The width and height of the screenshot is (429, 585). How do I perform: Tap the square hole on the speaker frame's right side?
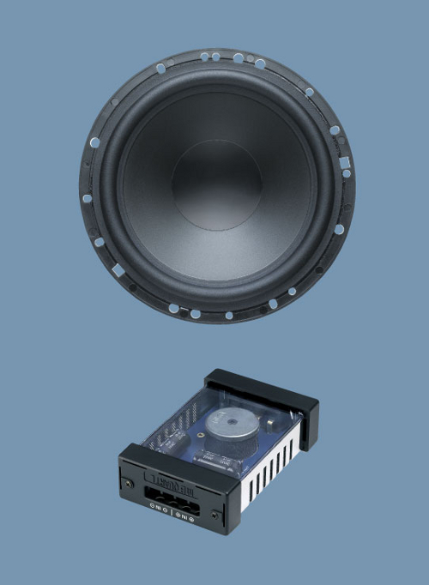[x=344, y=162]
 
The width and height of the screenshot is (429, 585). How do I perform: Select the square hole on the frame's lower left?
[x=118, y=269]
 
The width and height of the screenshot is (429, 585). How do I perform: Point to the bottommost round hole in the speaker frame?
[x=229, y=316]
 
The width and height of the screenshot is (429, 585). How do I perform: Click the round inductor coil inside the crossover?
[x=233, y=429]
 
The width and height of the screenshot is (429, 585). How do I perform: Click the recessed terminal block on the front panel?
[x=171, y=496]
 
